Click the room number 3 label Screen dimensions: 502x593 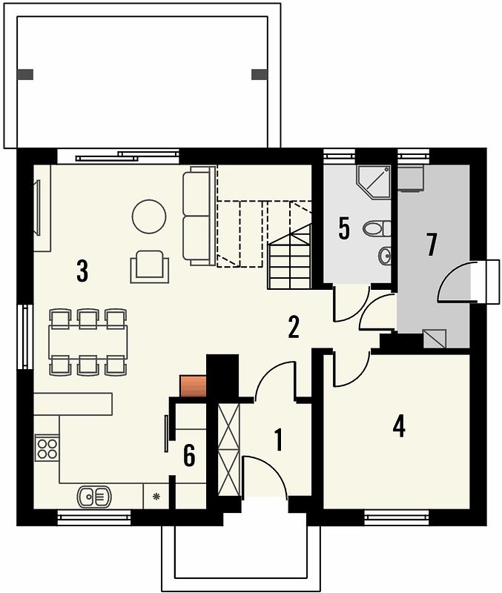tap(82, 271)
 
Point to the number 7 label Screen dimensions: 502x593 tap(432, 245)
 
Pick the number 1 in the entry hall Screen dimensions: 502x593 tap(278, 440)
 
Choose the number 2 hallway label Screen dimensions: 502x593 tap(294, 327)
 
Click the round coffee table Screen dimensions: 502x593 tap(149, 216)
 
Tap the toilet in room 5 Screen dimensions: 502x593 tap(377, 228)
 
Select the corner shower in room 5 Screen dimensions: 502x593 tap(374, 182)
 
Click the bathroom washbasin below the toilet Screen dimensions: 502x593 tap(385, 255)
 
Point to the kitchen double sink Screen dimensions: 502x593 tap(94, 497)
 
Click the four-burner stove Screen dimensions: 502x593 tap(47, 448)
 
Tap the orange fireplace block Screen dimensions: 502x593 tap(193, 386)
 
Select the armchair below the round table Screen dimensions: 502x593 tap(150, 266)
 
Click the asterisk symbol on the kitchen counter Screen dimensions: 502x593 tap(156, 496)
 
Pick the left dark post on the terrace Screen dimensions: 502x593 tap(25, 75)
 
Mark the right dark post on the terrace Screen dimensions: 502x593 tap(260, 75)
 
